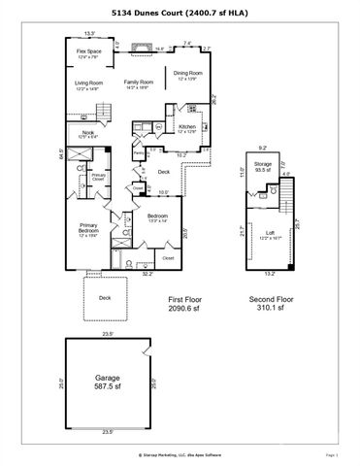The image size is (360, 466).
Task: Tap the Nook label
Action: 87,134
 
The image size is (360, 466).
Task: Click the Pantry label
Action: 139,152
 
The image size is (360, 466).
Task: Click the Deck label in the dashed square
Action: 104,298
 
